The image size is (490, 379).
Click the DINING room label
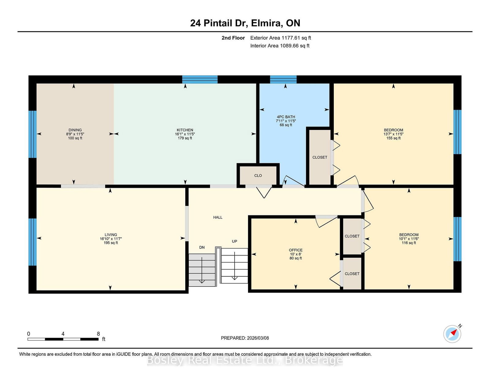[x=75, y=130]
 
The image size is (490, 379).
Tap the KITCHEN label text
[x=185, y=130]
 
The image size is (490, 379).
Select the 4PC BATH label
[x=286, y=117]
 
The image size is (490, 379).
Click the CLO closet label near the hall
[x=258, y=176]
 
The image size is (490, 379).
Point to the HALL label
[x=218, y=217]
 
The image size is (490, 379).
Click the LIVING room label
[x=111, y=235]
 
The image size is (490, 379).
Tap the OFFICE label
[x=296, y=250]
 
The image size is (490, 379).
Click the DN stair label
[x=202, y=247]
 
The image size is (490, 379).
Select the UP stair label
[x=235, y=241]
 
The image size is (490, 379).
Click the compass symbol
[x=452, y=334]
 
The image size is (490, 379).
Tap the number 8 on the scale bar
[x=98, y=334]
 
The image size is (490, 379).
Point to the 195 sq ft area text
[x=111, y=243]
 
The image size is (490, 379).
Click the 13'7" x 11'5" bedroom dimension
[x=393, y=134]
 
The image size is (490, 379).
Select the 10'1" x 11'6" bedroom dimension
[x=409, y=239]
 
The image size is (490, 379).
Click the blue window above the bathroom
[x=283, y=79]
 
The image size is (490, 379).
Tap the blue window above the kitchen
[x=200, y=79]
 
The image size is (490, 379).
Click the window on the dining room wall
[x=32, y=134]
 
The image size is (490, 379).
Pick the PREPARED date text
[x=245, y=338]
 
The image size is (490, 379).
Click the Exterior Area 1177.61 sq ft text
[x=281, y=38]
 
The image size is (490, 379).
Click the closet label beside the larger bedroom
[x=319, y=157]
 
